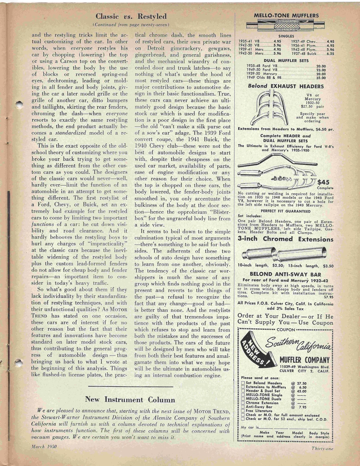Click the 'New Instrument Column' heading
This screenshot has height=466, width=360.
[x=130, y=399]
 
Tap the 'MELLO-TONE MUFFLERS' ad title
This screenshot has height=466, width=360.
[x=286, y=16]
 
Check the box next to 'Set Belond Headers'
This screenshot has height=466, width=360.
[x=243, y=383]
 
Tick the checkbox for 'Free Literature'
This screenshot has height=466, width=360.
[x=243, y=411]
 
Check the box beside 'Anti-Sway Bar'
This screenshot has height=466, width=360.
[x=243, y=407]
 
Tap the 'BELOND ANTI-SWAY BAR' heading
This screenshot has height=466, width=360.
[x=285, y=274]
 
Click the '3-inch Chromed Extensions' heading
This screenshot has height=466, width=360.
[x=285, y=239]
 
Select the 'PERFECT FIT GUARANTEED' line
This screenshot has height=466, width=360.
[x=285, y=211]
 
